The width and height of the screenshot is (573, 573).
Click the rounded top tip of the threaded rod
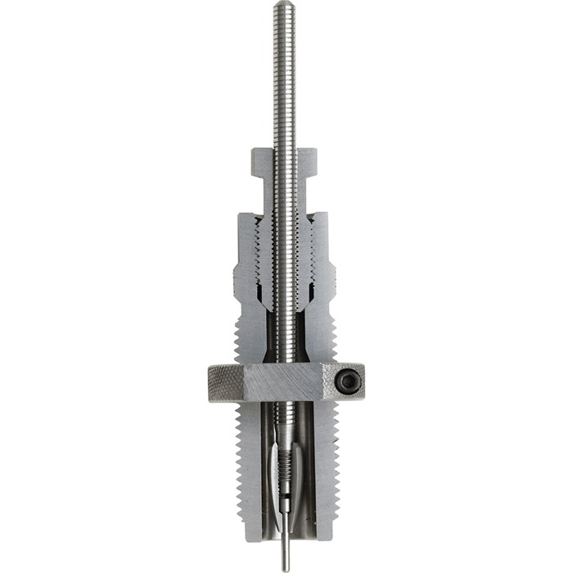pos(284,6)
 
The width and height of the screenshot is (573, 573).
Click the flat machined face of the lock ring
pos(286,381)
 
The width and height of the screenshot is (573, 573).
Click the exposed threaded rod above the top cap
pos(284,82)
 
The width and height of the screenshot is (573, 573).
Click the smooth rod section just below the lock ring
pos(284,417)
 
